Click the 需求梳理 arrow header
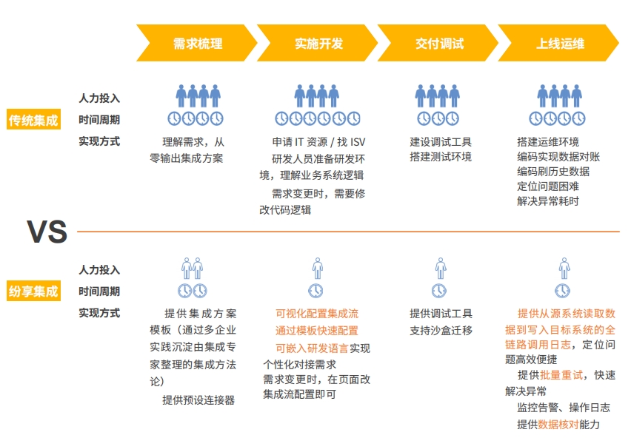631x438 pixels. pyautogui.click(x=197, y=44)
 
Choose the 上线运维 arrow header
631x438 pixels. pyautogui.click(x=560, y=44)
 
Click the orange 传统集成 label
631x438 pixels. pyautogui.click(x=33, y=120)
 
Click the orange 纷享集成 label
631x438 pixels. pyautogui.click(x=33, y=292)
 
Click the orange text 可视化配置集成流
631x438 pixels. pyautogui.click(x=316, y=314)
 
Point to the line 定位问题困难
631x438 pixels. pyautogui.click(x=548, y=186)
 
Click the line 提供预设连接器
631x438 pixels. pyautogui.click(x=198, y=400)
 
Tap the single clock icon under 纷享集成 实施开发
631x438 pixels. pyautogui.click(x=316, y=290)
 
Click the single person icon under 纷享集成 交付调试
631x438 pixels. pyautogui.click(x=441, y=268)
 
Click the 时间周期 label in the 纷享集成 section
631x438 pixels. pyautogui.click(x=99, y=292)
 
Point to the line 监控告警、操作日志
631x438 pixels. pyautogui.click(x=564, y=408)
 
